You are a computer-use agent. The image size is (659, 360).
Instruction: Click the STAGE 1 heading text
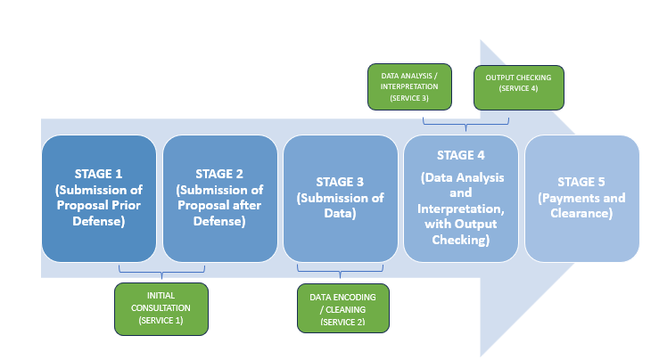[x=99, y=174]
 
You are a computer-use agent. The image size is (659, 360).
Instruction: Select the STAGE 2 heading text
[x=219, y=174]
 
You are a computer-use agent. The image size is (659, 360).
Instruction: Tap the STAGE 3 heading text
[x=340, y=182]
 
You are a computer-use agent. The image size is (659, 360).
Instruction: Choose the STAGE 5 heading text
[x=582, y=182]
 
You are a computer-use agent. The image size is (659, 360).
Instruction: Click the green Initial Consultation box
[x=161, y=308]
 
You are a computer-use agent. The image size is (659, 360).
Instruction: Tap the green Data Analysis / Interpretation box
[x=410, y=86]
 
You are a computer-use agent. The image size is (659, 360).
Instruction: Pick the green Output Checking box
[x=518, y=86]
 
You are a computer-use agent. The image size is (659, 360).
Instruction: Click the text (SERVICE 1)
[x=161, y=320]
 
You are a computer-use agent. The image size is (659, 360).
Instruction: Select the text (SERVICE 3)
[x=410, y=98]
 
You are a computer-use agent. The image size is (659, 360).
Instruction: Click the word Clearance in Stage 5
[x=582, y=214]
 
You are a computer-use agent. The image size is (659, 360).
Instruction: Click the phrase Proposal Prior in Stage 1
[x=99, y=206]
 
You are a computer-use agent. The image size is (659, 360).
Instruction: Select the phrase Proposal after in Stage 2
[x=219, y=206]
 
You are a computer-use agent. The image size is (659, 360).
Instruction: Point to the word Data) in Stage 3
[x=340, y=214]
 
